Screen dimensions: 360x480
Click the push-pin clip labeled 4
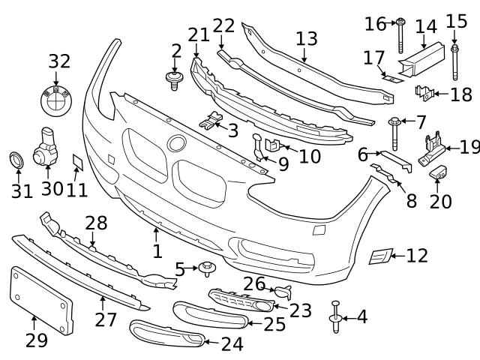pyautogui.click(x=335, y=318)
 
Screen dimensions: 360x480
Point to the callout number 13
pyautogui.click(x=306, y=39)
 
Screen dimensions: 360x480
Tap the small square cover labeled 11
pyautogui.click(x=77, y=161)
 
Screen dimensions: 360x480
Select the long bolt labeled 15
pyautogui.click(x=454, y=61)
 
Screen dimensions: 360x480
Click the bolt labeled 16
pyautogui.click(x=400, y=33)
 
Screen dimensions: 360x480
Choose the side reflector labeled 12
pyautogui.click(x=378, y=256)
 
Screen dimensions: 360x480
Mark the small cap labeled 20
pyautogui.click(x=438, y=174)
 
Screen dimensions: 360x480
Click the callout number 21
pyautogui.click(x=199, y=34)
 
